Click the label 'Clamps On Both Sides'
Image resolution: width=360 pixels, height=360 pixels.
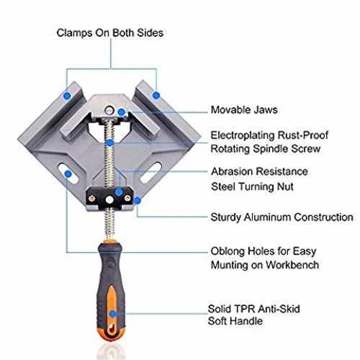(110, 33)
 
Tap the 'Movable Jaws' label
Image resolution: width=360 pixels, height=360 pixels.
(244, 110)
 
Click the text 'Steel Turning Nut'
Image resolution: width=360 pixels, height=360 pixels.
(252, 186)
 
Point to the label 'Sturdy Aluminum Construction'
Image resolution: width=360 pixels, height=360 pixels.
(282, 217)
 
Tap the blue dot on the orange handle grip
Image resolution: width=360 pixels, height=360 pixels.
(112, 314)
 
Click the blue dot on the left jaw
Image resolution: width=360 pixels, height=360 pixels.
(67, 96)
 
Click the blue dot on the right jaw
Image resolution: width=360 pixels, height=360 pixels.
(156, 95)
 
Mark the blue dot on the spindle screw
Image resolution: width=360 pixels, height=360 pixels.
(110, 143)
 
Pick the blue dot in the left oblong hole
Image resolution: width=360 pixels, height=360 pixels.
(68, 174)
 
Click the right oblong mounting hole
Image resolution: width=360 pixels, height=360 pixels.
(150, 173)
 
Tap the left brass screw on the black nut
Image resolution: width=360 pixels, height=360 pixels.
(91, 199)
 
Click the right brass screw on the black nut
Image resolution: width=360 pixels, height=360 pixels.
(127, 198)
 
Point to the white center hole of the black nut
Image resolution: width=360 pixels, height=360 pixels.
(109, 199)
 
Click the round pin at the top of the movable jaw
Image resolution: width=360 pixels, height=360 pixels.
(109, 110)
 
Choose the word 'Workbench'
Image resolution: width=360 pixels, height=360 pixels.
(292, 265)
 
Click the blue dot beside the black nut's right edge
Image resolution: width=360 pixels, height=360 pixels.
(137, 200)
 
